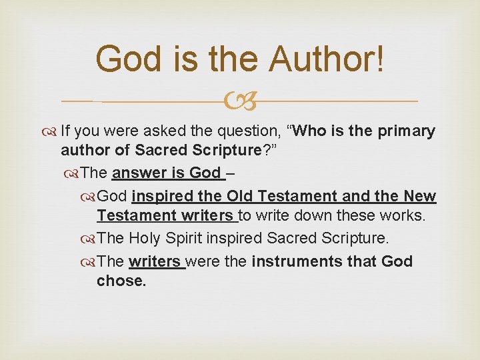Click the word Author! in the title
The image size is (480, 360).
[327, 59]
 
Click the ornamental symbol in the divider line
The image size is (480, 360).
[240, 101]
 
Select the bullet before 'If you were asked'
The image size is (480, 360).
[52, 131]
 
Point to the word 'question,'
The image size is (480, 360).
[250, 131]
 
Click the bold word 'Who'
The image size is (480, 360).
[308, 131]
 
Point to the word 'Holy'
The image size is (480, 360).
[145, 239]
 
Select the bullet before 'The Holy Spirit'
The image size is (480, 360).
[88, 239]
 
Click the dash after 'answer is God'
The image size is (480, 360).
[230, 173]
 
